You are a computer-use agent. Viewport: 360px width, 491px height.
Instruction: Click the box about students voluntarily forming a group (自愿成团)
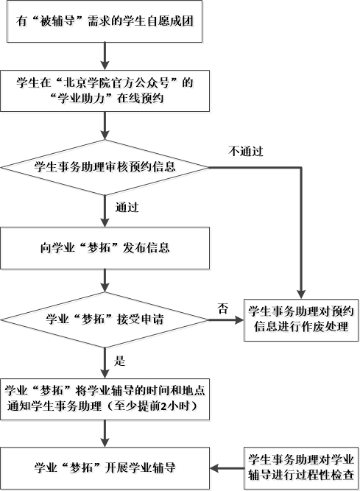pos(105,21)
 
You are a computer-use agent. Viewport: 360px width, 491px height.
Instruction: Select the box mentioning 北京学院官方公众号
pos(105,91)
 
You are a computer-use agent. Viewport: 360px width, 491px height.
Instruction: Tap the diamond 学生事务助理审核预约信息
pos(105,167)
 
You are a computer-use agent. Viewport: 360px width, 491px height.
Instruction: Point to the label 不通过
pos(246,151)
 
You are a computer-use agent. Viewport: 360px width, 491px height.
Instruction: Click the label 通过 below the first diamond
pos(127,208)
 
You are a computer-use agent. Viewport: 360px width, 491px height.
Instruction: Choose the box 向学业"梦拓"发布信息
pos(105,248)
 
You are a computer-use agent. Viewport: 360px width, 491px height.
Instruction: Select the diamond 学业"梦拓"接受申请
pos(105,319)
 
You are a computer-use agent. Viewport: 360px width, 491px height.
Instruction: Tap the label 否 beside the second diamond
pos(223,308)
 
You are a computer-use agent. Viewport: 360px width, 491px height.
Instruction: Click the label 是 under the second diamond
pos(119,361)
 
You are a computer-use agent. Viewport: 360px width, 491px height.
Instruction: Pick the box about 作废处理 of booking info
pos(301,320)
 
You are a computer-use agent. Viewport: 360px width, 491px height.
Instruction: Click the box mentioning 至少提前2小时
pos(105,399)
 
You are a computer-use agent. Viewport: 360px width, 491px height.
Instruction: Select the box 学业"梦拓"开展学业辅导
pos(105,468)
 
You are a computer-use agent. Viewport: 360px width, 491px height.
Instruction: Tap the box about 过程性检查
pos(301,468)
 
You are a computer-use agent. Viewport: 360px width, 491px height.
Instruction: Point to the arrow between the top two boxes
pos(105,57)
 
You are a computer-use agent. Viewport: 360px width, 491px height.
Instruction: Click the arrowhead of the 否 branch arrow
pos(239,320)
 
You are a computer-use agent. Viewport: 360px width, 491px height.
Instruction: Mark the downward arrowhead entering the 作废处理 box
pos(301,294)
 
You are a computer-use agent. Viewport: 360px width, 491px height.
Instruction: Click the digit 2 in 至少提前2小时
pos(163,407)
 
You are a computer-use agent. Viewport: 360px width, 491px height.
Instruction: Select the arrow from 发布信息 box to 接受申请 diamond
pos(105,280)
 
